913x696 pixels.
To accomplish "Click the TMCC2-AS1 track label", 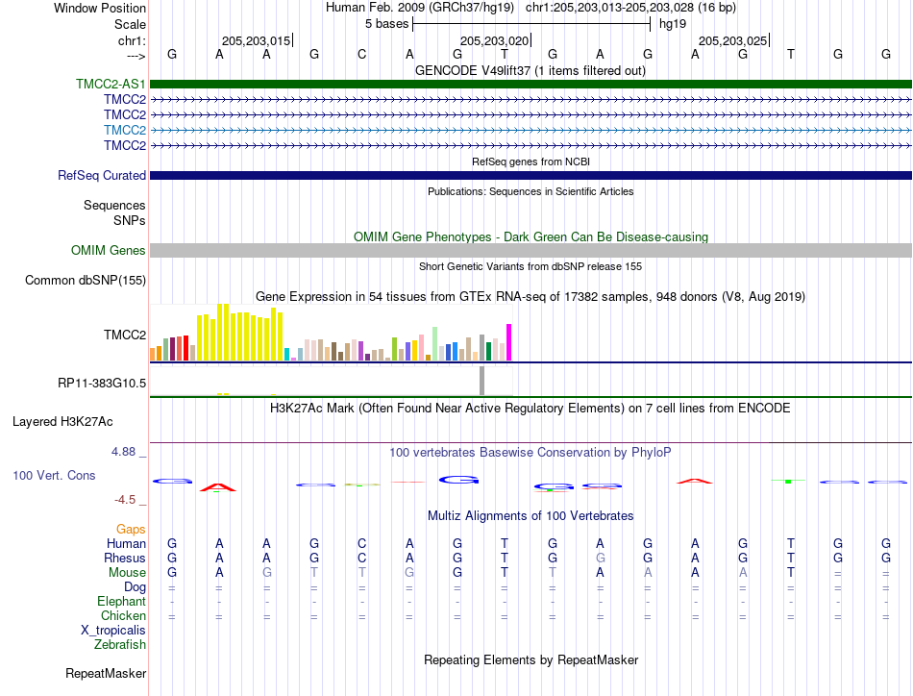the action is coord(111,84).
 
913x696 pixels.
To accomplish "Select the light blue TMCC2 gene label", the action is coord(125,130).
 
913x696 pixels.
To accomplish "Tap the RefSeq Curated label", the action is coord(102,175).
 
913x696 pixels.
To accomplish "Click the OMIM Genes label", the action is coord(109,251).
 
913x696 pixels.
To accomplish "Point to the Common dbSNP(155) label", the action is coord(86,280).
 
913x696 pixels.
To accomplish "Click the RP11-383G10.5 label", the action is coord(102,384).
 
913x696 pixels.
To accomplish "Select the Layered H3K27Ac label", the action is coord(62,422).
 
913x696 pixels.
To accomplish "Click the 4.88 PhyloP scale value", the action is coord(123,452).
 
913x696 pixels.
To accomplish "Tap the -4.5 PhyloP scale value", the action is coord(125,500).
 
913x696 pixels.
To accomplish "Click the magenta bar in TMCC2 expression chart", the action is coord(509,342).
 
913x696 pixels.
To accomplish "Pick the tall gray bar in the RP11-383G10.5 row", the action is coord(482,381).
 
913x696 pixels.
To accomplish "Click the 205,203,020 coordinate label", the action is coord(494,40).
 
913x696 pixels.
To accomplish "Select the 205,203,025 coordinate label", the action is coord(733,40).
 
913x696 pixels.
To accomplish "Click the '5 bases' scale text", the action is coord(387,24).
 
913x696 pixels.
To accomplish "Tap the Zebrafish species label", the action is coord(120,645).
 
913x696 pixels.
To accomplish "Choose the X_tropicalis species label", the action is coord(113,631).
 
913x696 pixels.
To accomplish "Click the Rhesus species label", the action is coord(125,558).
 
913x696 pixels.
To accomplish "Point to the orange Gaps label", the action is coord(131,529).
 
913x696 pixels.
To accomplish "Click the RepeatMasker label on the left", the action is coord(106,673).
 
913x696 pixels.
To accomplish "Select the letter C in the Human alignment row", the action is coord(362,543).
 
